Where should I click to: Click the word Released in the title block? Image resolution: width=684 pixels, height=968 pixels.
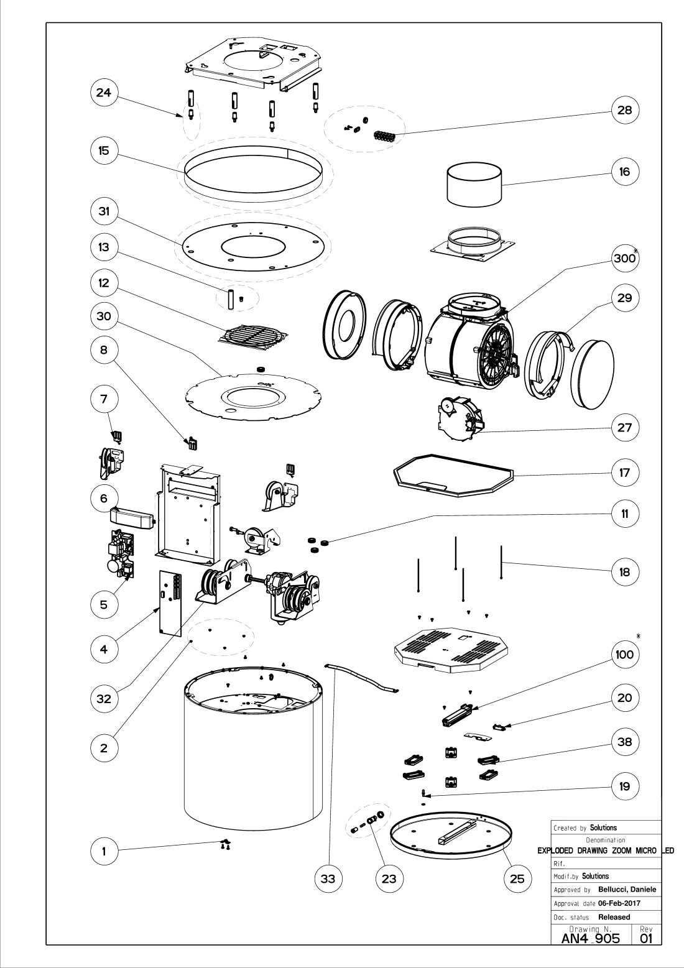tap(614, 916)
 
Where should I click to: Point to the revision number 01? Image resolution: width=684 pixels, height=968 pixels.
tap(647, 938)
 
